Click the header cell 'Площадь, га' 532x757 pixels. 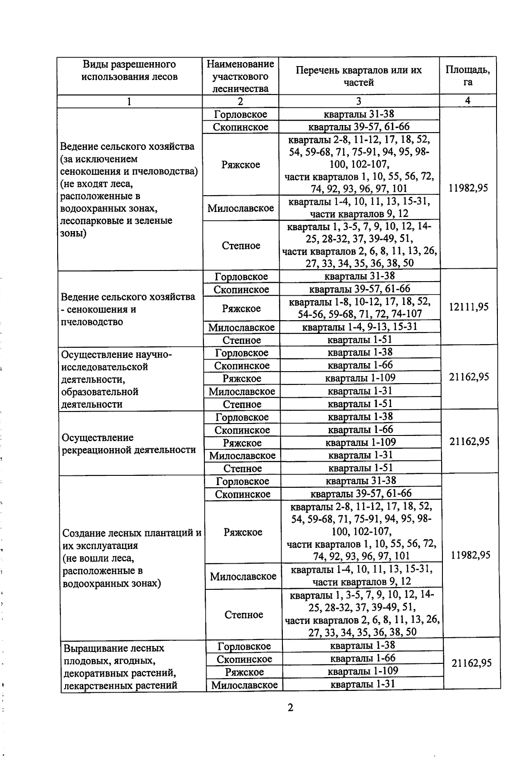click(x=467, y=76)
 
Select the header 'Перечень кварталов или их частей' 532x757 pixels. click(x=359, y=76)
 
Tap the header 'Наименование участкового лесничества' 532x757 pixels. click(x=240, y=76)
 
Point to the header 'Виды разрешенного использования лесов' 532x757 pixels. click(x=129, y=71)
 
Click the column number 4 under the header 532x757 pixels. click(x=467, y=101)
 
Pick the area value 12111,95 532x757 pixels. click(x=469, y=307)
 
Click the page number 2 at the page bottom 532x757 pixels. click(x=290, y=707)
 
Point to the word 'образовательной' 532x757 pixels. click(x=100, y=392)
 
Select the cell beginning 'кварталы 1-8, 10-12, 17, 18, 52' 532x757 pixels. click(x=360, y=308)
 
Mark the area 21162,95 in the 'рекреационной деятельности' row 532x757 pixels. click(x=469, y=442)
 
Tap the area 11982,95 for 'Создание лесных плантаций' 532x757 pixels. click(x=470, y=555)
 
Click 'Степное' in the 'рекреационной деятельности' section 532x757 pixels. click(x=242, y=469)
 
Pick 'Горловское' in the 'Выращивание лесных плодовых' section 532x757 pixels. click(x=244, y=646)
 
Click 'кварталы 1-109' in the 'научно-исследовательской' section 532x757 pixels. click(x=360, y=378)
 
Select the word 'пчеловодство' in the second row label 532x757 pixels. click(x=92, y=322)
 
